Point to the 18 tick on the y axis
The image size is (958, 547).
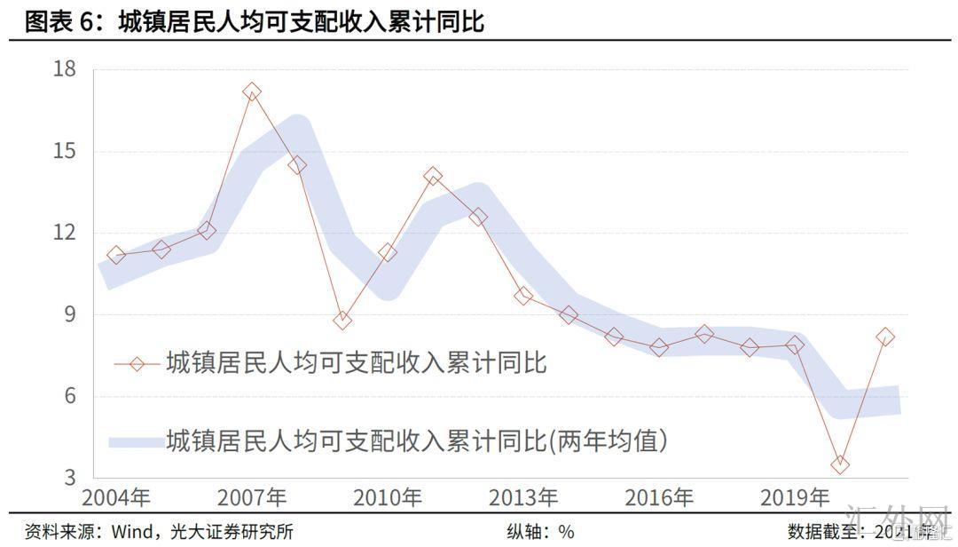tap(66, 69)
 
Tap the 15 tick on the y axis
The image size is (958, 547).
tap(66, 151)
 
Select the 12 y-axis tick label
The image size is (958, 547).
tap(66, 233)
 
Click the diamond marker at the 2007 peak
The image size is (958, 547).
tap(252, 91)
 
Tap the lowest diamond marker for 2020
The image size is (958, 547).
tap(840, 464)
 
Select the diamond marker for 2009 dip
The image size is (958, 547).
tap(342, 320)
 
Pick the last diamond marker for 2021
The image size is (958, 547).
tap(885, 337)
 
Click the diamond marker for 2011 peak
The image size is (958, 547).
tap(433, 176)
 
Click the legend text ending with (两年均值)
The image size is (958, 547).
tap(416, 440)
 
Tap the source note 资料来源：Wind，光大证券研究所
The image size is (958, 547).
tap(159, 532)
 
